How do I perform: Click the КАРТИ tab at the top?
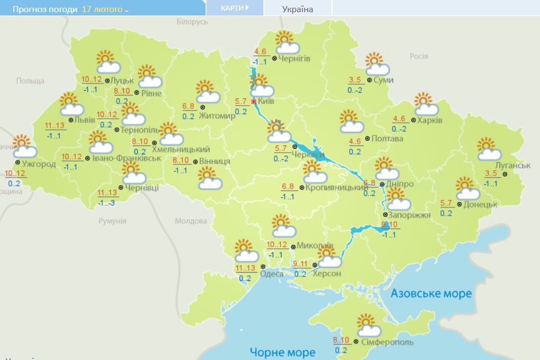pos(233,8)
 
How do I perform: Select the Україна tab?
pos(297,9)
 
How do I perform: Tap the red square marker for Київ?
pos(254,102)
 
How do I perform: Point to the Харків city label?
pos(430,120)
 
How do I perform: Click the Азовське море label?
pos(431,293)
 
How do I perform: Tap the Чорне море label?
pos(282,352)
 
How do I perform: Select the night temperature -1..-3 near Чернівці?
pos(107,203)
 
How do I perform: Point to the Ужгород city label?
pos(39,164)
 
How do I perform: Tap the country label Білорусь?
pos(192,22)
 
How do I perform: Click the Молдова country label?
pos(190,221)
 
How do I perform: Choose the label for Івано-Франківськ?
pos(127,158)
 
